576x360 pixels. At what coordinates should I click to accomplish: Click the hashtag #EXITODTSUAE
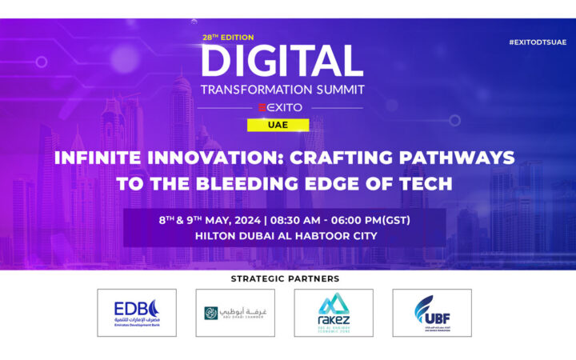coord(537,42)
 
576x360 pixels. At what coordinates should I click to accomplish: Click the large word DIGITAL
coord(282,62)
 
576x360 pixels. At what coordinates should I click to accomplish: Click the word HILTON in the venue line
coord(216,236)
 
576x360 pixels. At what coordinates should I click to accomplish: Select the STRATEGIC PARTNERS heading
coord(285,278)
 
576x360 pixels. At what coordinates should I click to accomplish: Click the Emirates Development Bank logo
coord(137,313)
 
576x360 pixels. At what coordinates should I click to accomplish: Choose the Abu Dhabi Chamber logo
coord(235,313)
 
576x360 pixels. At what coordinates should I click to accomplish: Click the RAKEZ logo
coord(334,313)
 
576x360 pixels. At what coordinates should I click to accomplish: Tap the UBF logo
coord(432,313)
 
